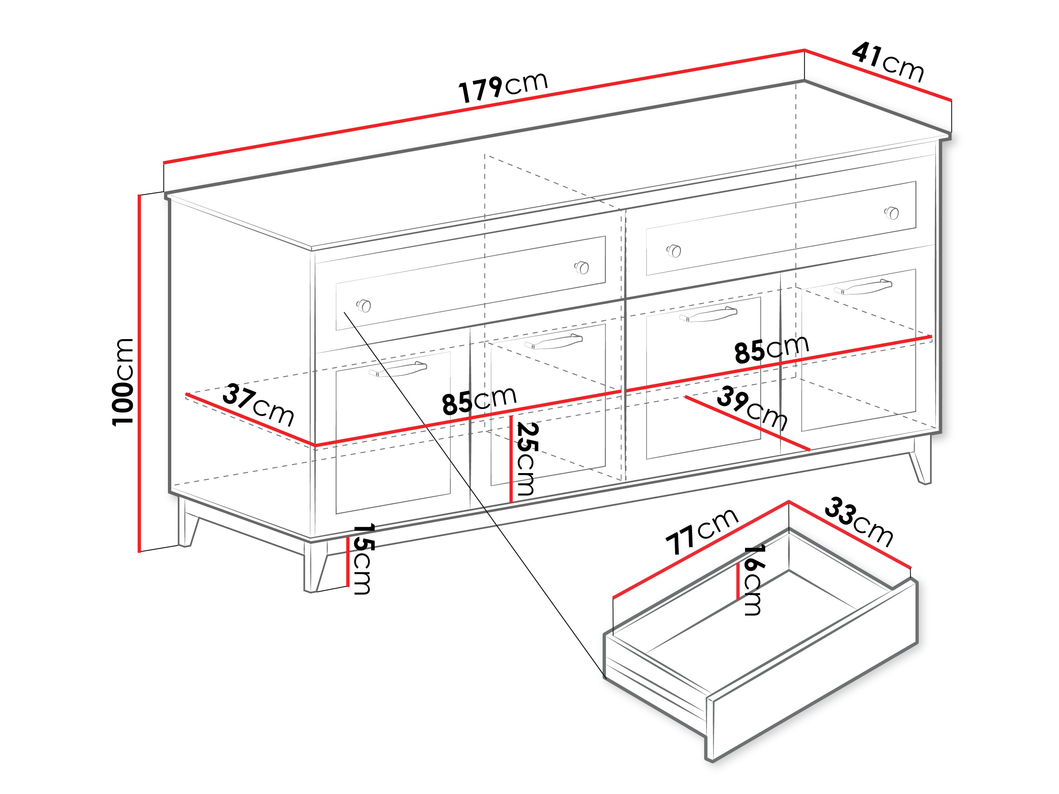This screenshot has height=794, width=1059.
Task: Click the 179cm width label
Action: click(x=503, y=88)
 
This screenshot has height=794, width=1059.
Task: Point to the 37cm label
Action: click(x=258, y=404)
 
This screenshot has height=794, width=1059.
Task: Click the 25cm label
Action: click(x=526, y=458)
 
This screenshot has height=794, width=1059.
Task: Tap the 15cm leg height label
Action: click(x=363, y=559)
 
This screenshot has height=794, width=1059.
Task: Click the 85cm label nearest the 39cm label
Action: click(x=772, y=349)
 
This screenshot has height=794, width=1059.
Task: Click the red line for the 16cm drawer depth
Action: click(x=738, y=581)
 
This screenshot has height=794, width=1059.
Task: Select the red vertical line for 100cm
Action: click(x=139, y=373)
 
